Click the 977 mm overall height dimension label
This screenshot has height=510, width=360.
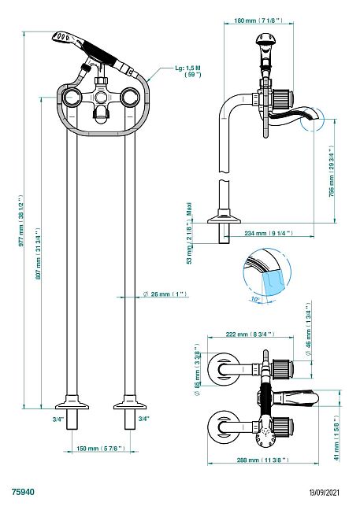tap(21, 221)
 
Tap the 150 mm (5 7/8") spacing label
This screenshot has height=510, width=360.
tap(101, 449)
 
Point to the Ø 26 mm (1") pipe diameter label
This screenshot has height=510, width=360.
tap(165, 294)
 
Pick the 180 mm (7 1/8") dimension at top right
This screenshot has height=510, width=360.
tap(258, 20)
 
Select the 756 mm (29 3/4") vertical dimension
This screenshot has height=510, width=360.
tap(332, 172)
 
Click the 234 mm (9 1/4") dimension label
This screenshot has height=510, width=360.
tap(269, 233)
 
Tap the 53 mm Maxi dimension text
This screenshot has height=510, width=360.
tap(189, 233)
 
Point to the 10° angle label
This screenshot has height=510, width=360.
tap(255, 299)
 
